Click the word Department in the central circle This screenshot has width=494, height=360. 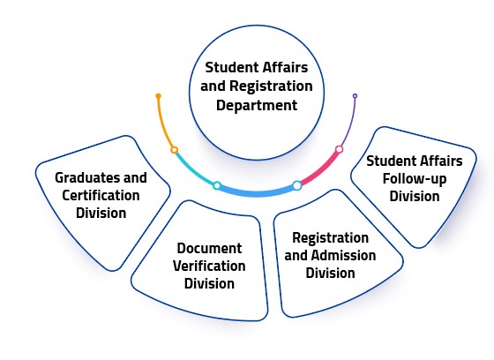[x=257, y=105]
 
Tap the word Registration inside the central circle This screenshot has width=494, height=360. [x=271, y=86]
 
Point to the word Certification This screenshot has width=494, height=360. [x=101, y=195]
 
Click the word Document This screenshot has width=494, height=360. [x=210, y=248]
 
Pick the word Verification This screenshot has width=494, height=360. [x=209, y=266]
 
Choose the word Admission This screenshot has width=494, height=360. [x=344, y=255]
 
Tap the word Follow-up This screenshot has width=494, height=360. [x=415, y=179]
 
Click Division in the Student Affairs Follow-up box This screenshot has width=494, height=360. [x=415, y=196]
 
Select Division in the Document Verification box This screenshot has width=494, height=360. [x=209, y=283]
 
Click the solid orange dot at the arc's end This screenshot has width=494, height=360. [x=159, y=96]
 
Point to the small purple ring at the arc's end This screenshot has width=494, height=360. [x=355, y=96]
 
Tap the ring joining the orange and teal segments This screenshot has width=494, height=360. [x=175, y=150]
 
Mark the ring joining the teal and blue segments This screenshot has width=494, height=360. [x=217, y=185]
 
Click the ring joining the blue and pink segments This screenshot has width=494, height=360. [x=297, y=185]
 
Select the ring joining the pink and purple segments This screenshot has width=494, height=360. [x=340, y=149]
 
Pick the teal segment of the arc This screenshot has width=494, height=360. [x=193, y=170]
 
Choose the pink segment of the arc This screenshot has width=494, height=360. [x=320, y=169]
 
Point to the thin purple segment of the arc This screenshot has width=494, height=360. [x=349, y=123]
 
